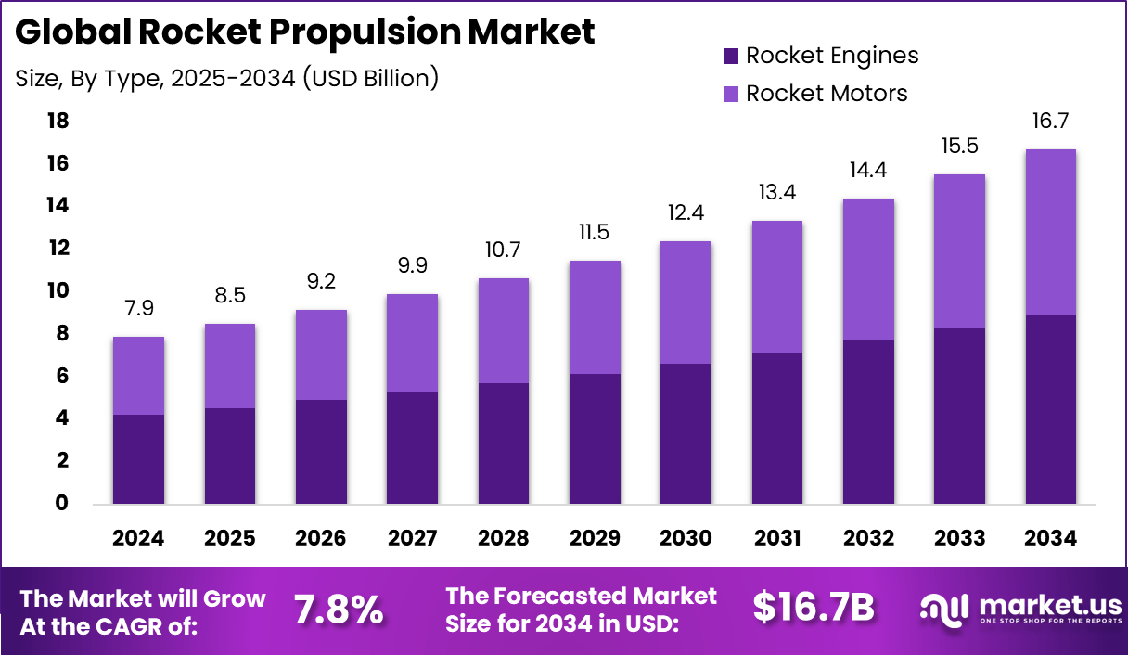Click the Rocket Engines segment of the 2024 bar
pos(139,459)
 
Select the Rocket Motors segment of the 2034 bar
pos(1051,232)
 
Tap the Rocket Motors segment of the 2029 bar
pos(596,317)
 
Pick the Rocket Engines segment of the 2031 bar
pos(777,429)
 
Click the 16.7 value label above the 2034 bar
pos(1051,121)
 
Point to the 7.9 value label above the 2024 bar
pos(139,308)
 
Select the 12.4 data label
pos(686,212)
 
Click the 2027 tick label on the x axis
pos(413,538)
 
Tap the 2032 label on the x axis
pos(868,538)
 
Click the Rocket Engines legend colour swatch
pos(730,56)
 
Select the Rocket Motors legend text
pos(827,94)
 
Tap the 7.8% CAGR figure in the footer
pos(339,610)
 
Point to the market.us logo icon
pos(944,609)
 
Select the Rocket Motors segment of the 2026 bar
pos(322,355)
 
